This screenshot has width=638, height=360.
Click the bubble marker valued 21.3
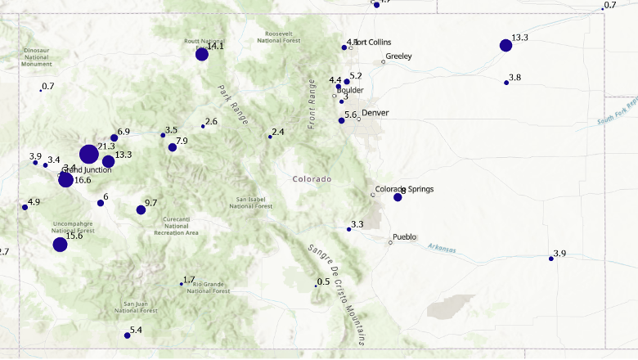coord(89,154)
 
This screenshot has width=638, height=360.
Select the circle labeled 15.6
coord(60,245)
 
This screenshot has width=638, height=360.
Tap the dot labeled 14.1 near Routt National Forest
coord(202,54)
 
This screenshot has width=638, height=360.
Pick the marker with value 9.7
coord(141,210)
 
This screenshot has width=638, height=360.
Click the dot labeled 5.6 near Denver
coord(341,120)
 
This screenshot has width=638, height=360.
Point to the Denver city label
coord(375,113)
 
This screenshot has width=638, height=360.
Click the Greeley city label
coord(398,56)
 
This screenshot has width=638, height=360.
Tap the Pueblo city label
coord(405,237)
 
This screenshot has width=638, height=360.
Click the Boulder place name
coord(350,90)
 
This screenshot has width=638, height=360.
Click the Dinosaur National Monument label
coord(37,56)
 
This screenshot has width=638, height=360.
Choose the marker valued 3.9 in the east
coord(551,259)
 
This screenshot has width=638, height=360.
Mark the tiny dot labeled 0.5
coord(316,286)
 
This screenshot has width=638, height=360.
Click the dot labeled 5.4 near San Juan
coord(127,335)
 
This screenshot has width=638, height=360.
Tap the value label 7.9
coord(182,142)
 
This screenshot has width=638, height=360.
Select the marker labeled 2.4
coord(270,137)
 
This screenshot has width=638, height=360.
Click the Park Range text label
coord(232,99)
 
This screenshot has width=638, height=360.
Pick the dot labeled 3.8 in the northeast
coord(506,83)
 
